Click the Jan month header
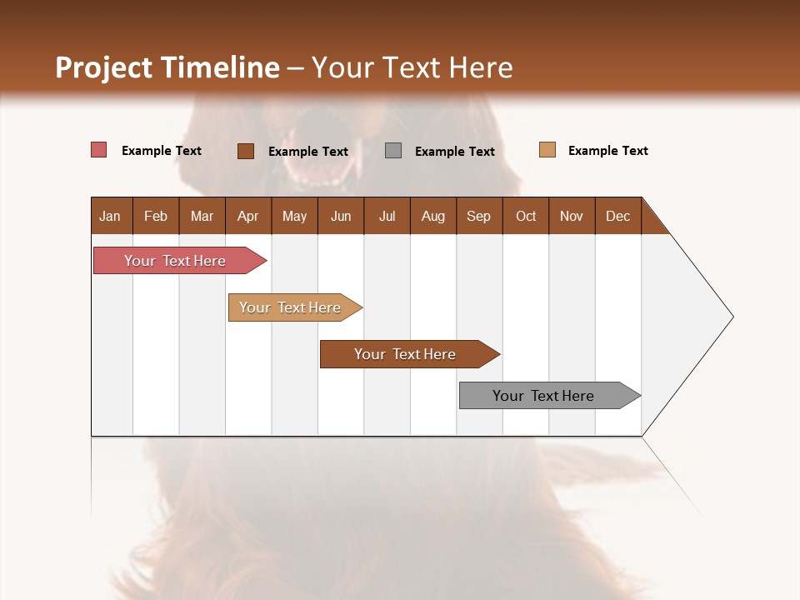pos(111,216)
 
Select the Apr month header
pos(248,216)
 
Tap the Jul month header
pos(387,216)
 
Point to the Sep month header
pos(478,216)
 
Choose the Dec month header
pos(617,216)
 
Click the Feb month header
pos(156,216)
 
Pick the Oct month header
pos(526,216)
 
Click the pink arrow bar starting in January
pos(175,261)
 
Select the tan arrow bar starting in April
pos(290,307)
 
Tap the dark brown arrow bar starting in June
pos(405,354)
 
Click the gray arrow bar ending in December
pos(543,396)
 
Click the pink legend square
pos(99,150)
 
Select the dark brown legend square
pos(246,151)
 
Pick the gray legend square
pos(393,151)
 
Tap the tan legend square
pos(547,150)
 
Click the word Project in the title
pos(104,67)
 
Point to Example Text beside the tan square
pos(607,151)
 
